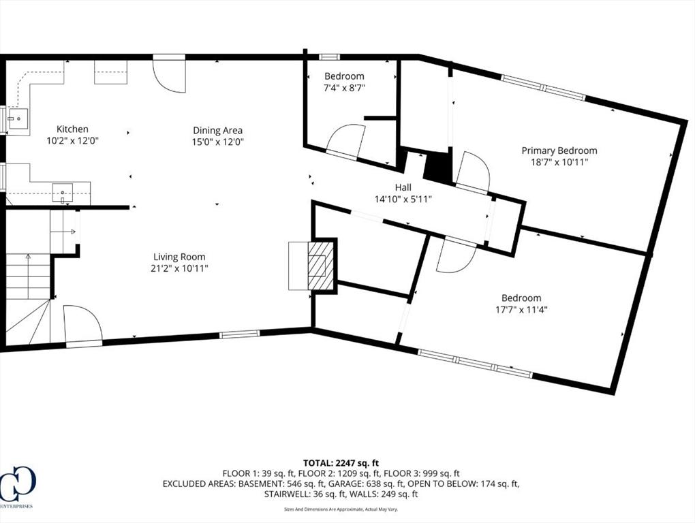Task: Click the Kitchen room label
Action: (x=72, y=129)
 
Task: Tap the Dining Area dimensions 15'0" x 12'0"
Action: (x=218, y=142)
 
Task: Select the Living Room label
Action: (x=179, y=257)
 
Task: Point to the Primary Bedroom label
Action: (x=559, y=150)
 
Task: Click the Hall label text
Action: (x=403, y=187)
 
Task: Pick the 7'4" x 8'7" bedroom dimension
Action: (x=344, y=88)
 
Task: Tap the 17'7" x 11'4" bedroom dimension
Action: (x=521, y=309)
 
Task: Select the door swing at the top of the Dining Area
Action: (x=169, y=75)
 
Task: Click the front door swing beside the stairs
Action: (x=82, y=323)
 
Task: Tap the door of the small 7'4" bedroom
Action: (x=345, y=142)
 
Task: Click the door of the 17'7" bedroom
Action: (x=454, y=256)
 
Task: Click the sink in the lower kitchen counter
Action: (x=63, y=193)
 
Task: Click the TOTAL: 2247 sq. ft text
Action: (x=347, y=463)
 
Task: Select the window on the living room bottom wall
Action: (x=239, y=334)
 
